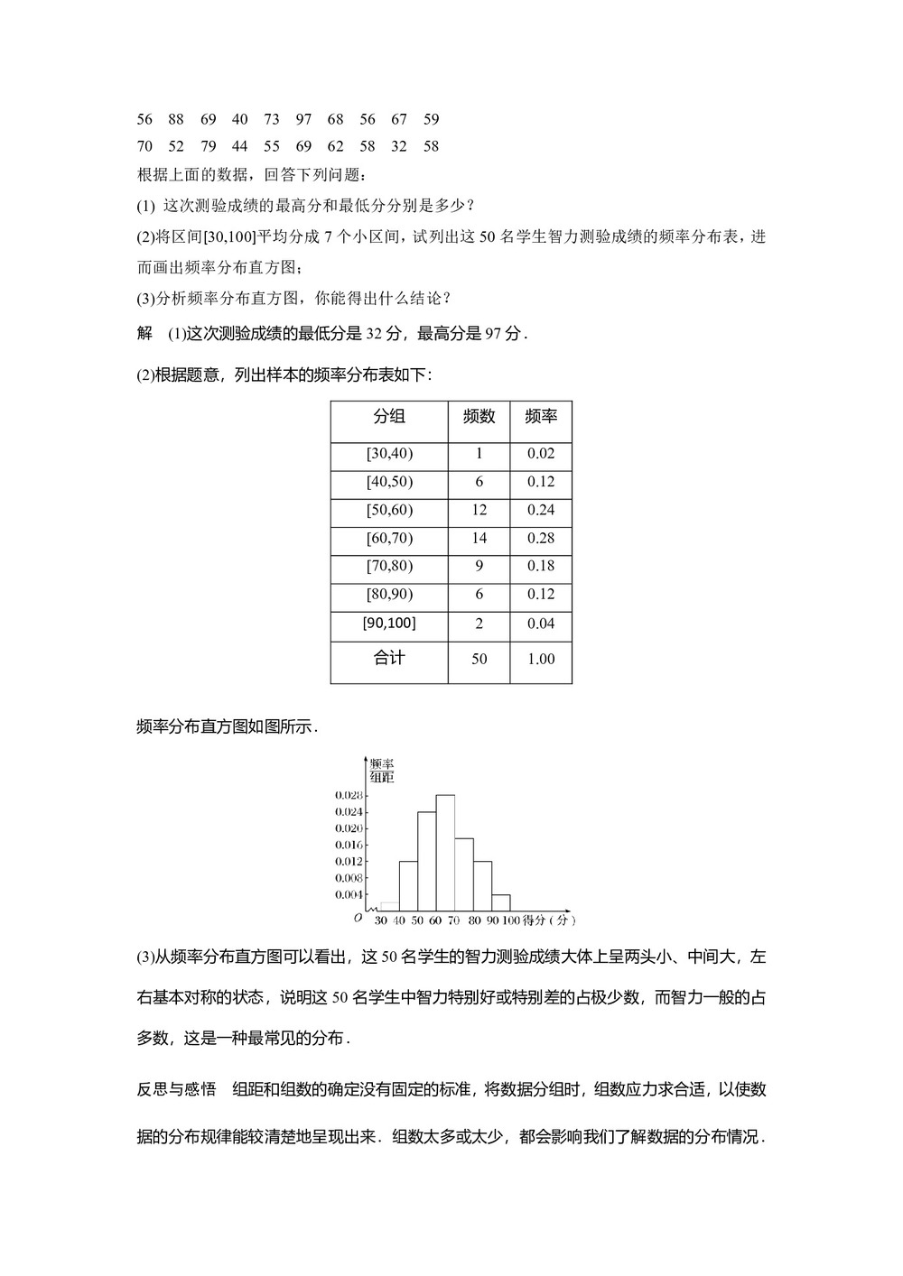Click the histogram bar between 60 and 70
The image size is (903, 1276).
[445, 853]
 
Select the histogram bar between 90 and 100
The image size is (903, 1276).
[501, 902]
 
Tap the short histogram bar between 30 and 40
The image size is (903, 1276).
[390, 906]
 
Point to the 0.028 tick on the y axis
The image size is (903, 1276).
[349, 795]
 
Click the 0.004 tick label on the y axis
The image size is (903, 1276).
[349, 894]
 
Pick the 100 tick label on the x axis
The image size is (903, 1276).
[511, 920]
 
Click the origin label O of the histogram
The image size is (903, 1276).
[358, 918]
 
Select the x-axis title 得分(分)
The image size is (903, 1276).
[550, 920]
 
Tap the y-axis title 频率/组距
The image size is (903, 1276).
[382, 770]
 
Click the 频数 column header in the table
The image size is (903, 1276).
[479, 416]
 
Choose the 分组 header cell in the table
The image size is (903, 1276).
[389, 416]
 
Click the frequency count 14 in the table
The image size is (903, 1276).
[479, 538]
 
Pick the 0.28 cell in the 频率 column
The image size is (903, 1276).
[541, 538]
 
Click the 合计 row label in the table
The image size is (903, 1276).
[389, 658]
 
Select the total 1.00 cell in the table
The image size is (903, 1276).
[541, 659]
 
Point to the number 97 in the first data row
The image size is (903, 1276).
[303, 119]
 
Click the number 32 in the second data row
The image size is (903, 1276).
[398, 146]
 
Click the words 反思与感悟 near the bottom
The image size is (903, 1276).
[176, 1089]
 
